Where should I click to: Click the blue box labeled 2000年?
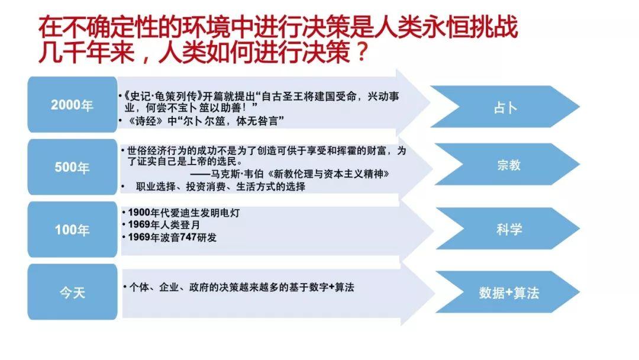73,104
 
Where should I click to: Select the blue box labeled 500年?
73,167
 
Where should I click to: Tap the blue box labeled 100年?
73,230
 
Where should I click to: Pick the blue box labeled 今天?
73,292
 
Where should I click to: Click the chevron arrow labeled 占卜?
505,107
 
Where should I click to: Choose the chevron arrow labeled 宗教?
508,164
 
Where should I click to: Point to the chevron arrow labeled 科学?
508,229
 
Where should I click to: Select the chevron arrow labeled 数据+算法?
508,292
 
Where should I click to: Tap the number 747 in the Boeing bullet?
189,237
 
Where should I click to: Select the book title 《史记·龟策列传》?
162,97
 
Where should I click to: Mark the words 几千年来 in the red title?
86,52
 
